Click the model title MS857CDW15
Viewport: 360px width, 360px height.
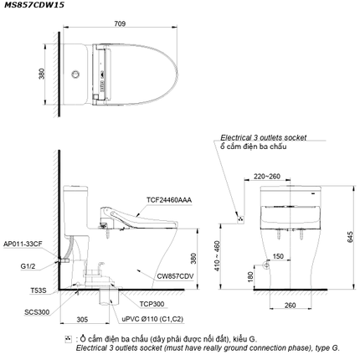click(x=34, y=5)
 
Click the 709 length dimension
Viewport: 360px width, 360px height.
click(x=120, y=23)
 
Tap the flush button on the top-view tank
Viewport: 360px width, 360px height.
click(x=75, y=75)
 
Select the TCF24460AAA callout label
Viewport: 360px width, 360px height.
click(x=169, y=200)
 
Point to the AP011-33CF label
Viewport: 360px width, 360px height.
click(x=23, y=244)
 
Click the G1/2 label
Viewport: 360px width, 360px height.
click(x=28, y=266)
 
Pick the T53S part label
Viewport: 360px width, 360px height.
click(x=39, y=291)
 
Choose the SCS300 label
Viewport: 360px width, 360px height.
click(x=37, y=312)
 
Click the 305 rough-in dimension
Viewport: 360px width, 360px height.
click(x=82, y=319)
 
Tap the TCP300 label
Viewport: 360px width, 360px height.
click(x=152, y=304)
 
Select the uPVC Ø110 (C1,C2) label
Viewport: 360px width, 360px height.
click(x=152, y=319)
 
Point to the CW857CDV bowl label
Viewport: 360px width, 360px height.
click(x=175, y=276)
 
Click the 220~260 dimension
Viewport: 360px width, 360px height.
click(x=267, y=177)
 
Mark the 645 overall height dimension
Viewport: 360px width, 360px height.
click(x=350, y=237)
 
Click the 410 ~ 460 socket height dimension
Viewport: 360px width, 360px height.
click(x=218, y=255)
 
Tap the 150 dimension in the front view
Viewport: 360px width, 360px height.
click(x=278, y=256)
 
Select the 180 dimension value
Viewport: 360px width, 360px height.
click(x=250, y=277)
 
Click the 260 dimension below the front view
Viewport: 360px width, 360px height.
click(x=290, y=306)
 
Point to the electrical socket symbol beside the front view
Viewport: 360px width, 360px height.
click(x=240, y=219)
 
